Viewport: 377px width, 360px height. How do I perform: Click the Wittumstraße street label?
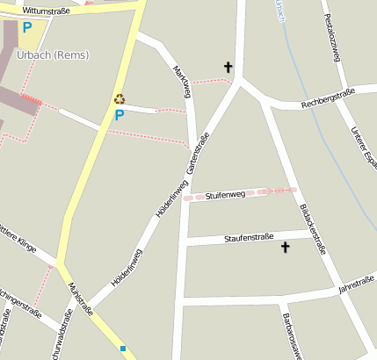point(45,10)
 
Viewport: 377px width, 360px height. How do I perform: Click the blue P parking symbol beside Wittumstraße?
point(27,27)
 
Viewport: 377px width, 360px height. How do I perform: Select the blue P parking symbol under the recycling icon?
point(120,114)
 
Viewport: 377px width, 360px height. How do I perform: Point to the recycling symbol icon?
point(120,99)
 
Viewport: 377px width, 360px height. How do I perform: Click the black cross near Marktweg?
point(228,67)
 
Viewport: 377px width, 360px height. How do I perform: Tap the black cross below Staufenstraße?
point(284,248)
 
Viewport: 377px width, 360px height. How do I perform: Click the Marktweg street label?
point(183,83)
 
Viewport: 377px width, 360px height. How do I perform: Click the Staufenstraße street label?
point(249,237)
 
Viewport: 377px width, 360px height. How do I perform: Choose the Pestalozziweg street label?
point(331,38)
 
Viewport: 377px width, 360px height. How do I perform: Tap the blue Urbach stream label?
point(280,11)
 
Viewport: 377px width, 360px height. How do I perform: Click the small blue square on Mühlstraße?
point(124,349)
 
